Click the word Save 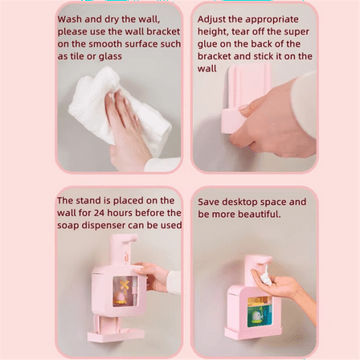[209, 202]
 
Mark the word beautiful [256, 214]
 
